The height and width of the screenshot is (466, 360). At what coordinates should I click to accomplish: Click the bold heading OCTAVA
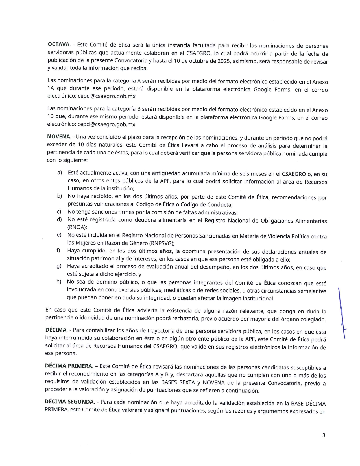click(x=59, y=44)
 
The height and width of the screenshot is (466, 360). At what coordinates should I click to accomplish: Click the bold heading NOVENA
click(x=59, y=136)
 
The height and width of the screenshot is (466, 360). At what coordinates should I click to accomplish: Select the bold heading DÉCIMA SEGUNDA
click(x=69, y=402)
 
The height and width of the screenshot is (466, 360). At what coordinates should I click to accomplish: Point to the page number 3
click(x=324, y=435)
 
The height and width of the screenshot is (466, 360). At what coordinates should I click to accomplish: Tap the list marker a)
click(x=60, y=172)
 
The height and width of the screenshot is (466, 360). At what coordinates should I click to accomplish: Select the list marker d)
click(x=59, y=219)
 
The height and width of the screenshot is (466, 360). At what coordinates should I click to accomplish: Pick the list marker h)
click(x=59, y=281)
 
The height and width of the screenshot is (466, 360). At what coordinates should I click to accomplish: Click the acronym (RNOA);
click(x=77, y=227)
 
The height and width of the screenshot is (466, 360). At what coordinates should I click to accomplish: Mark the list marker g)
click(x=59, y=266)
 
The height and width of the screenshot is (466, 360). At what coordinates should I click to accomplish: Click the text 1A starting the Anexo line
click(x=51, y=88)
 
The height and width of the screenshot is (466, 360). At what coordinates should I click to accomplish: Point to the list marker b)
click(x=60, y=196)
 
